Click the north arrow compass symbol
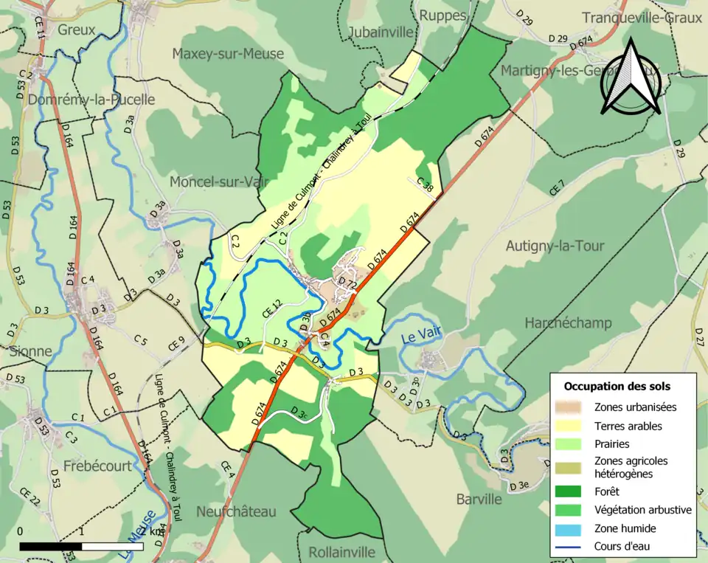tap(631, 79)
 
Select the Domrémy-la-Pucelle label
tap(93, 100)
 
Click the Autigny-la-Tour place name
tap(555, 246)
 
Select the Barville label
tap(478, 499)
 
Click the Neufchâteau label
tap(235, 511)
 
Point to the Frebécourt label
tap(97, 466)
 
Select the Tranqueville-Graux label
tap(641, 18)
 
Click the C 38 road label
tap(425, 185)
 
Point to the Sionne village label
tap(31, 350)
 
